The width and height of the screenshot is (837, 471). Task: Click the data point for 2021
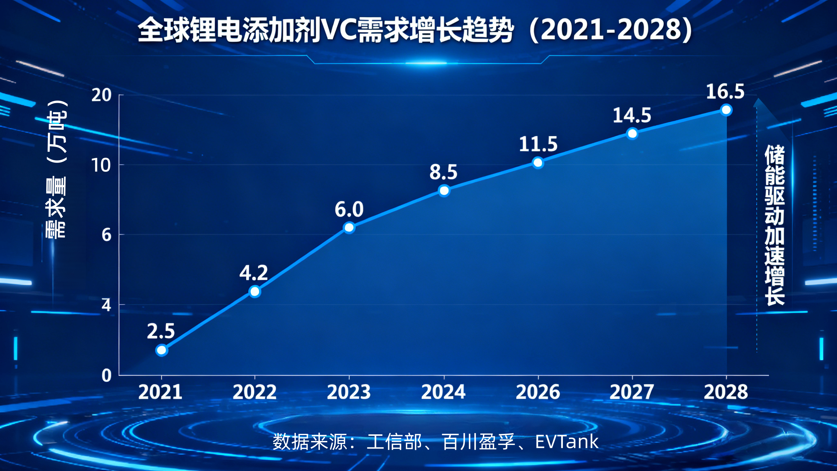pyautogui.click(x=162, y=350)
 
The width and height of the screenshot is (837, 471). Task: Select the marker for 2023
pyautogui.click(x=349, y=227)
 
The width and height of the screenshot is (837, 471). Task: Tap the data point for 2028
pyautogui.click(x=726, y=110)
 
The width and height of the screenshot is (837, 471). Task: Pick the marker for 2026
pyautogui.click(x=538, y=162)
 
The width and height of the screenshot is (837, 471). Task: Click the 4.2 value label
pyautogui.click(x=254, y=273)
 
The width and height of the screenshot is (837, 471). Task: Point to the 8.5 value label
pyautogui.click(x=443, y=172)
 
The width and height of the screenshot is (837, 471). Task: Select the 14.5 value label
pyautogui.click(x=632, y=115)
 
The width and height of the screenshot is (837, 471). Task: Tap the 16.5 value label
pyautogui.click(x=725, y=91)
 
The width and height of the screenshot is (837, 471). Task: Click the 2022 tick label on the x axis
pyautogui.click(x=254, y=392)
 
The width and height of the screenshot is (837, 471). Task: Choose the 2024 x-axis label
pyautogui.click(x=443, y=392)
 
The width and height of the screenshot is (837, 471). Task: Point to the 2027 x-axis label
pyautogui.click(x=632, y=392)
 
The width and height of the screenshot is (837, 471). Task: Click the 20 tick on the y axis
pyautogui.click(x=101, y=95)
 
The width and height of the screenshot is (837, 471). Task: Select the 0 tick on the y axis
pyautogui.click(x=106, y=376)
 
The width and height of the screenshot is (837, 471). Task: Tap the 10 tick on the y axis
pyautogui.click(x=101, y=165)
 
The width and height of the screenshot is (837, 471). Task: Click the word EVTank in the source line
pyautogui.click(x=567, y=442)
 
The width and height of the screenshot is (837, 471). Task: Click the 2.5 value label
pyautogui.click(x=161, y=331)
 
